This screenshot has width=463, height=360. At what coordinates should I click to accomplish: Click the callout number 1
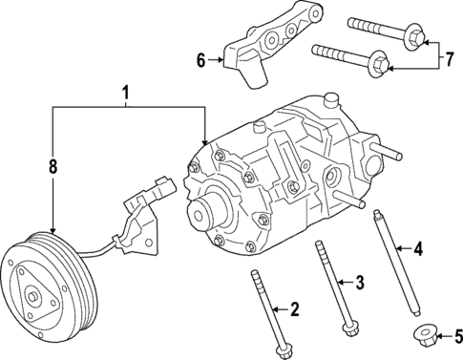pos(124,95)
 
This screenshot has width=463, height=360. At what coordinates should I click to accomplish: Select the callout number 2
pos(295,308)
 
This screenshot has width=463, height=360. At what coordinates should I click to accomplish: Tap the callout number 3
pos(359,283)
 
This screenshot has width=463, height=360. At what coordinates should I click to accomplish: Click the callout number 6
pos(201,60)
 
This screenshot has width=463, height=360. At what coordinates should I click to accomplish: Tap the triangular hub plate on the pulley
pos(38,297)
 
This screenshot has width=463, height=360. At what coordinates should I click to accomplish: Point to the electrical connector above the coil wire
pos(158,188)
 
